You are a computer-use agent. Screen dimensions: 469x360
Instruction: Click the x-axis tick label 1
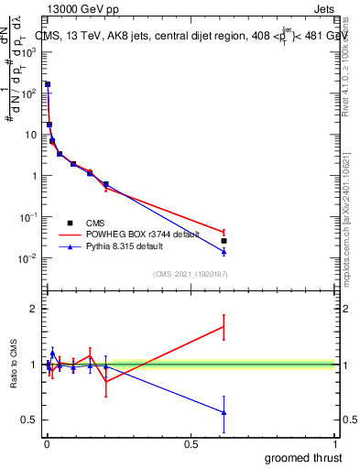[x=336, y=444]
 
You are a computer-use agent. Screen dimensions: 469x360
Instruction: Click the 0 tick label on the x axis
[x=46, y=444]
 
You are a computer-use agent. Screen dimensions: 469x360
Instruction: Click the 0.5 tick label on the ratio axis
[x=31, y=420]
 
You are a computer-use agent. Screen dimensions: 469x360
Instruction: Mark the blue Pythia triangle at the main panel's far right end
[x=224, y=251]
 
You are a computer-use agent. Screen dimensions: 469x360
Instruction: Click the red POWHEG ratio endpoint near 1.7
[x=224, y=326]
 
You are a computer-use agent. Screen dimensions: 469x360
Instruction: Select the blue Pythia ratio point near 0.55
[x=224, y=413]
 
